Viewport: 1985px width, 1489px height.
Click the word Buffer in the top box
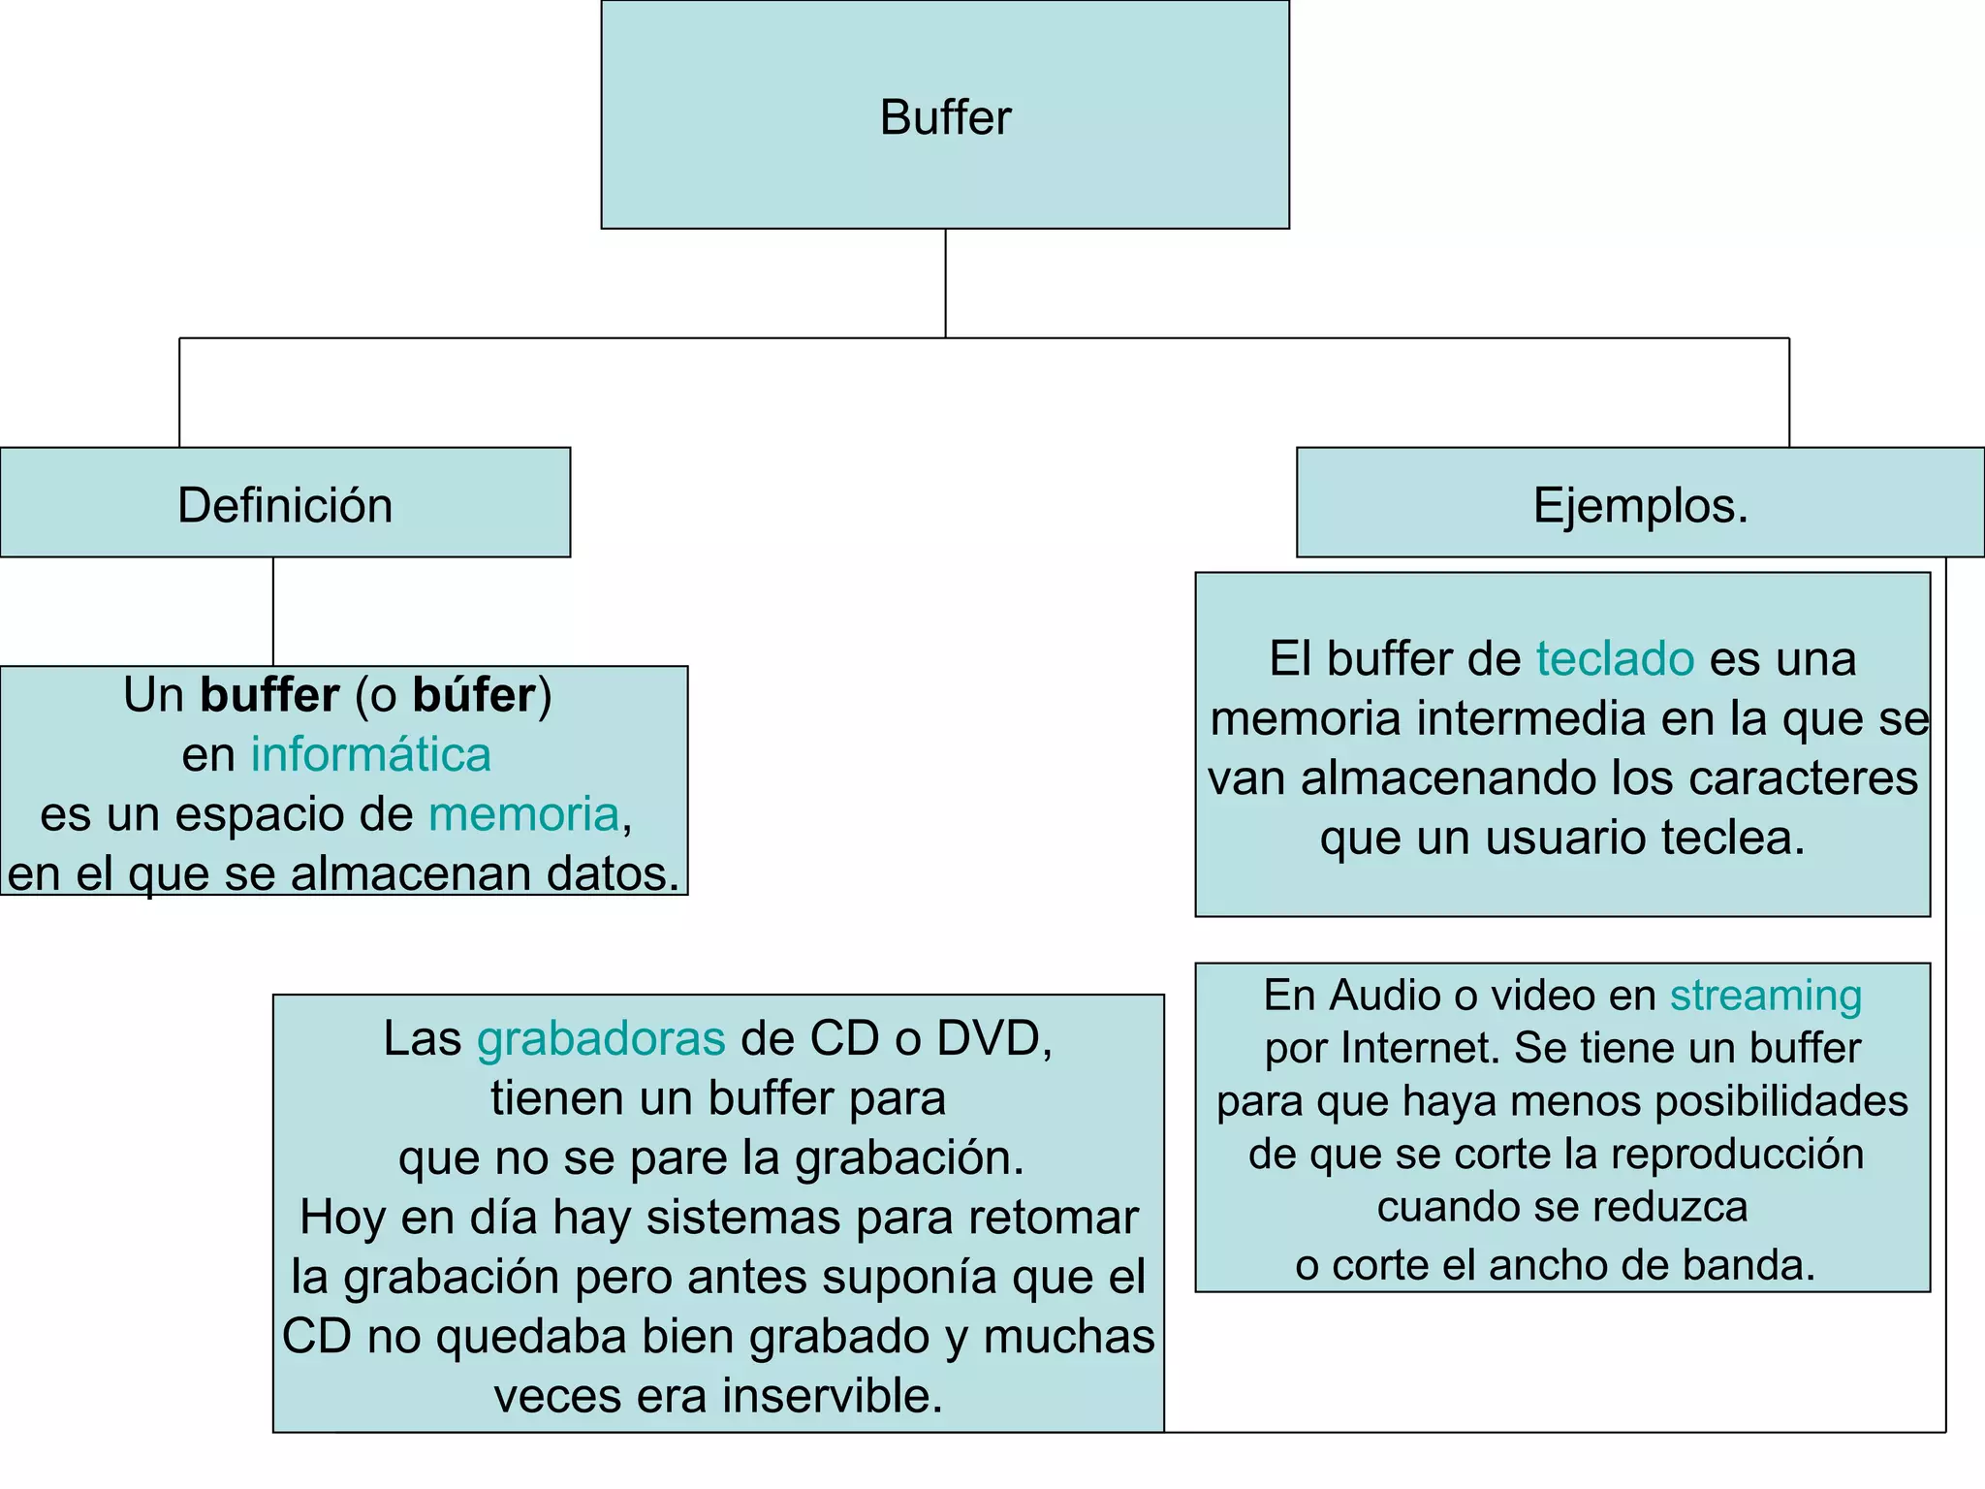tap(945, 117)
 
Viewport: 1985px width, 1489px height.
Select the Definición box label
tap(285, 505)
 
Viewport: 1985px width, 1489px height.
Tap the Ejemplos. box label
tap(1640, 505)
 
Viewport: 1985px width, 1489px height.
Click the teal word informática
tap(371, 754)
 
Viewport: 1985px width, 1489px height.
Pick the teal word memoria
tap(523, 813)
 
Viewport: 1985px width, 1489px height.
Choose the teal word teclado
tap(1615, 658)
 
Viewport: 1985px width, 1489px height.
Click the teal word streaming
tap(1765, 995)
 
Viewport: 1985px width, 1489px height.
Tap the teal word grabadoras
tap(601, 1038)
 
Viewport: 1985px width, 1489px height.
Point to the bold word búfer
tap(474, 695)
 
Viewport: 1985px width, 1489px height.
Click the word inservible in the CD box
tap(832, 1396)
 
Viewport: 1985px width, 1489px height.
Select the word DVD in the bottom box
tap(992, 1038)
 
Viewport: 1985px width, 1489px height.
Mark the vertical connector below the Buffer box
tap(945, 283)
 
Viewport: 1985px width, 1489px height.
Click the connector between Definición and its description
tap(273, 611)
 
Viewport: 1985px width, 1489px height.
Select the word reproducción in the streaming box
tap(1737, 1154)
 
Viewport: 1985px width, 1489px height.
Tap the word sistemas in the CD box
tap(743, 1217)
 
